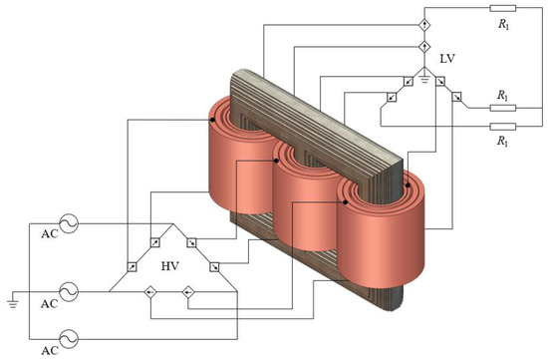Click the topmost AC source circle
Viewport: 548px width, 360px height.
coord(69,223)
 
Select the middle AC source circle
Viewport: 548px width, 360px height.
coord(69,291)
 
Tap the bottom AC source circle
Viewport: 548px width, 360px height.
coord(69,339)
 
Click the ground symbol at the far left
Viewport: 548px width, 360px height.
coord(13,304)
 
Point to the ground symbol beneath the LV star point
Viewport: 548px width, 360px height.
coord(424,80)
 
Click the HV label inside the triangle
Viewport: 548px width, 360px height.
coord(170,266)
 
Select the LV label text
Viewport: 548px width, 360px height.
coord(447,59)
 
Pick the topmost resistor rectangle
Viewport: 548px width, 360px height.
coord(502,8)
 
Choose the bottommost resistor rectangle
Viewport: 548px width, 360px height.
coord(502,127)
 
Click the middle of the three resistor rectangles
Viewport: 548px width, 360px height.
coord(502,108)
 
